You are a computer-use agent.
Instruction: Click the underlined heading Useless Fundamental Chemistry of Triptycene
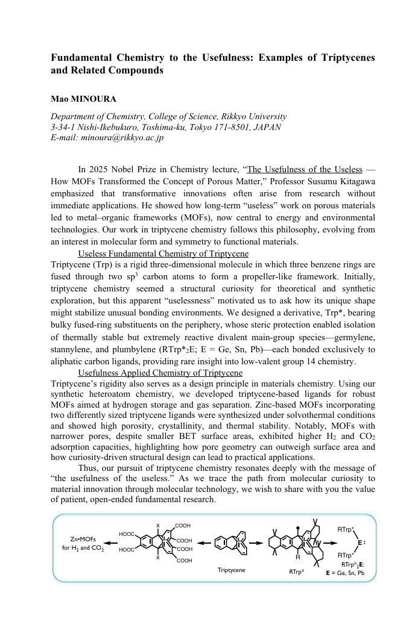pyautogui.click(x=163, y=253)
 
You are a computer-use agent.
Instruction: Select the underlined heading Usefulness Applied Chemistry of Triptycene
pyautogui.click(x=160, y=373)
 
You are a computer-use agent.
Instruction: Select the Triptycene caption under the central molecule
pyautogui.click(x=232, y=570)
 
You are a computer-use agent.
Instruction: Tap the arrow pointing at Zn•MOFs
pyautogui.click(x=110, y=543)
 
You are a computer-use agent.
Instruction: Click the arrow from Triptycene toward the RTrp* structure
pyautogui.click(x=256, y=543)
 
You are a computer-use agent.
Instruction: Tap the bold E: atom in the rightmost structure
pyautogui.click(x=361, y=542)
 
